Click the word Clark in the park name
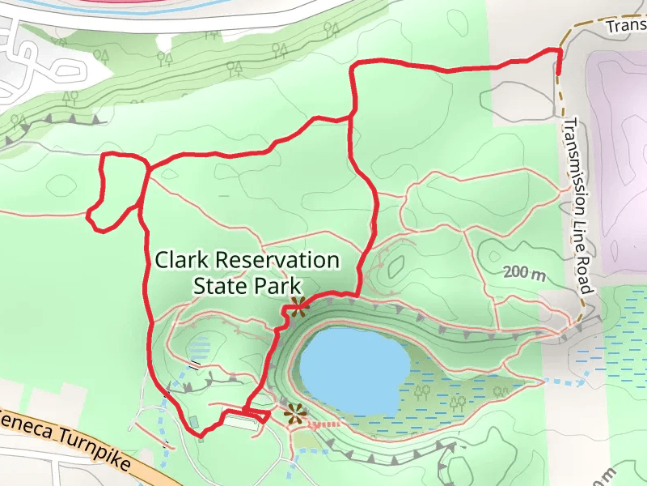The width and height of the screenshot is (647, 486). (x=180, y=261)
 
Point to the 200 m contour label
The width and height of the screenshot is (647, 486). (x=524, y=273)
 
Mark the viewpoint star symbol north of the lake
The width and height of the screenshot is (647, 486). (x=298, y=306)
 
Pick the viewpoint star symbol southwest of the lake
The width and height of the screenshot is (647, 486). (x=294, y=415)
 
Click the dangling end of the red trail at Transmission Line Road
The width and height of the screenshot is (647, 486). (x=558, y=73)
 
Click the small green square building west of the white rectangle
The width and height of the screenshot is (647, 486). (x=194, y=421)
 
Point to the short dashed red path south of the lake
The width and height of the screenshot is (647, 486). (x=323, y=423)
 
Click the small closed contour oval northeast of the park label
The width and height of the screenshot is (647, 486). (x=395, y=266)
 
